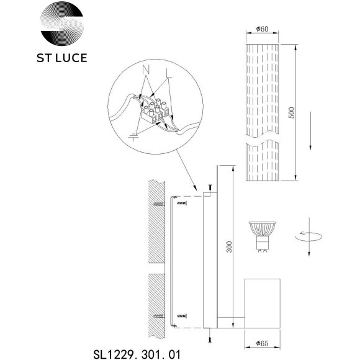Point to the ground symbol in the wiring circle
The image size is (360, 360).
135,135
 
